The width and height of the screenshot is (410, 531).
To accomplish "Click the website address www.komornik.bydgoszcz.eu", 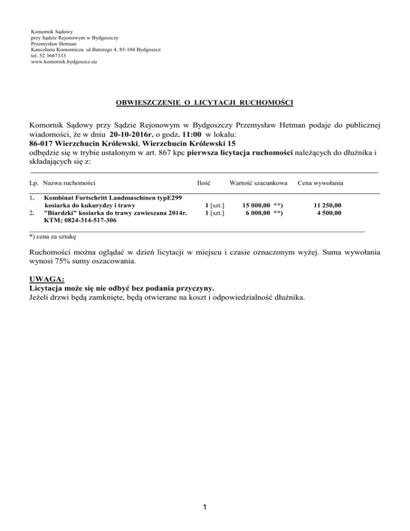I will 64,61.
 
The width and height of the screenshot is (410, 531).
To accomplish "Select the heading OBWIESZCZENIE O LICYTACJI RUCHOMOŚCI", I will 205,101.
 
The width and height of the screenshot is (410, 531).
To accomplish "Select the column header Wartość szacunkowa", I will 258,183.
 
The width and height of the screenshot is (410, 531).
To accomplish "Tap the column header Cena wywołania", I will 320,183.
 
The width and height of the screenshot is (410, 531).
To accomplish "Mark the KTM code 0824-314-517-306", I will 84,221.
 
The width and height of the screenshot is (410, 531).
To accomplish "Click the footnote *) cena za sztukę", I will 53,236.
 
